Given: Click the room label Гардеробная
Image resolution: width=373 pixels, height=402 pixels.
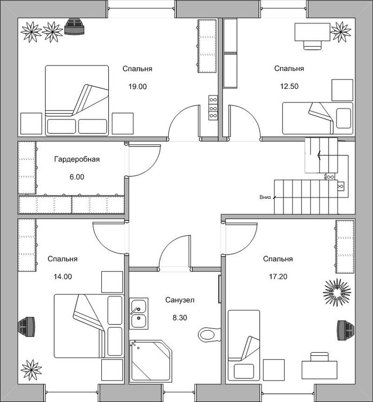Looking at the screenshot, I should tap(77, 159).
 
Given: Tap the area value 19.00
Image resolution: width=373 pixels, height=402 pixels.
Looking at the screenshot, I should tap(137, 86).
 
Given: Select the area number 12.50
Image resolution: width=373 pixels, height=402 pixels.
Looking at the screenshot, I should tap(289, 86).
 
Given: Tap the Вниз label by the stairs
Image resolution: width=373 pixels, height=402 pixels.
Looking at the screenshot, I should tap(265, 197).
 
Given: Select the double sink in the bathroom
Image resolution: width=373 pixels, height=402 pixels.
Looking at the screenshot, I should tap(139, 314).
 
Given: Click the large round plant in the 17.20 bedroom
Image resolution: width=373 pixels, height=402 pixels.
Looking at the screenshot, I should tap(337, 292).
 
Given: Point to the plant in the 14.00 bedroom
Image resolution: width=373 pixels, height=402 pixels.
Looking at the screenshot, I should tap(31, 369).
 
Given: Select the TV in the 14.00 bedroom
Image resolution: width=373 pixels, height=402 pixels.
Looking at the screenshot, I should tap(26, 326).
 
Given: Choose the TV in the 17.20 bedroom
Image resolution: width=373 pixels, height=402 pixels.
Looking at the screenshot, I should tap(343, 329).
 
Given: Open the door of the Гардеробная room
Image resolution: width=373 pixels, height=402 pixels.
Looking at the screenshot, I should tap(142, 161).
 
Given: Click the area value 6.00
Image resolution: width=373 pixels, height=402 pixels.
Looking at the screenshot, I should tap(77, 176).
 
